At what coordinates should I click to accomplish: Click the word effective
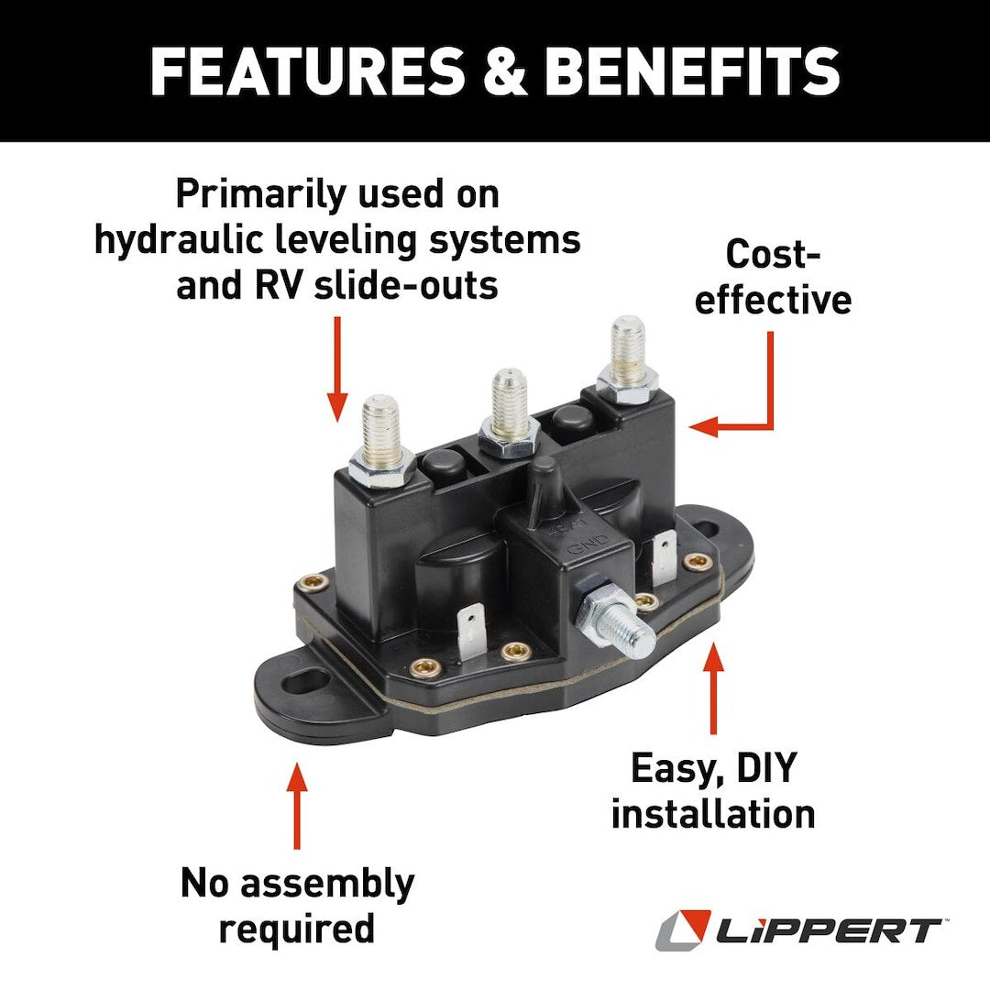point(773,300)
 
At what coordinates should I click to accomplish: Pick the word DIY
point(764,769)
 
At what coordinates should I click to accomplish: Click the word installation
point(712,814)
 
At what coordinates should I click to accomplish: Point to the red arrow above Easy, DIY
point(713,687)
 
